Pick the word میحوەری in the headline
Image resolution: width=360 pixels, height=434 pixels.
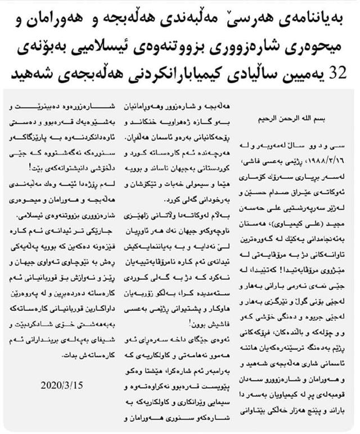323,46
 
